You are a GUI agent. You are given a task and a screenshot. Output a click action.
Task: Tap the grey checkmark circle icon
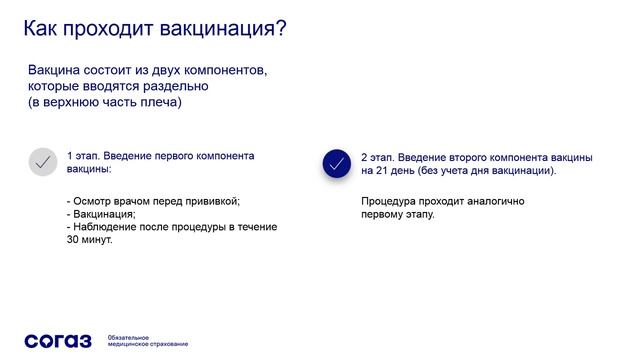coord(42,163)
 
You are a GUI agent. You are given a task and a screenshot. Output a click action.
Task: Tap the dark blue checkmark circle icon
coord(337,164)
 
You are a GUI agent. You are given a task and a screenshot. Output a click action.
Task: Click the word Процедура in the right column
coord(388,201)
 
